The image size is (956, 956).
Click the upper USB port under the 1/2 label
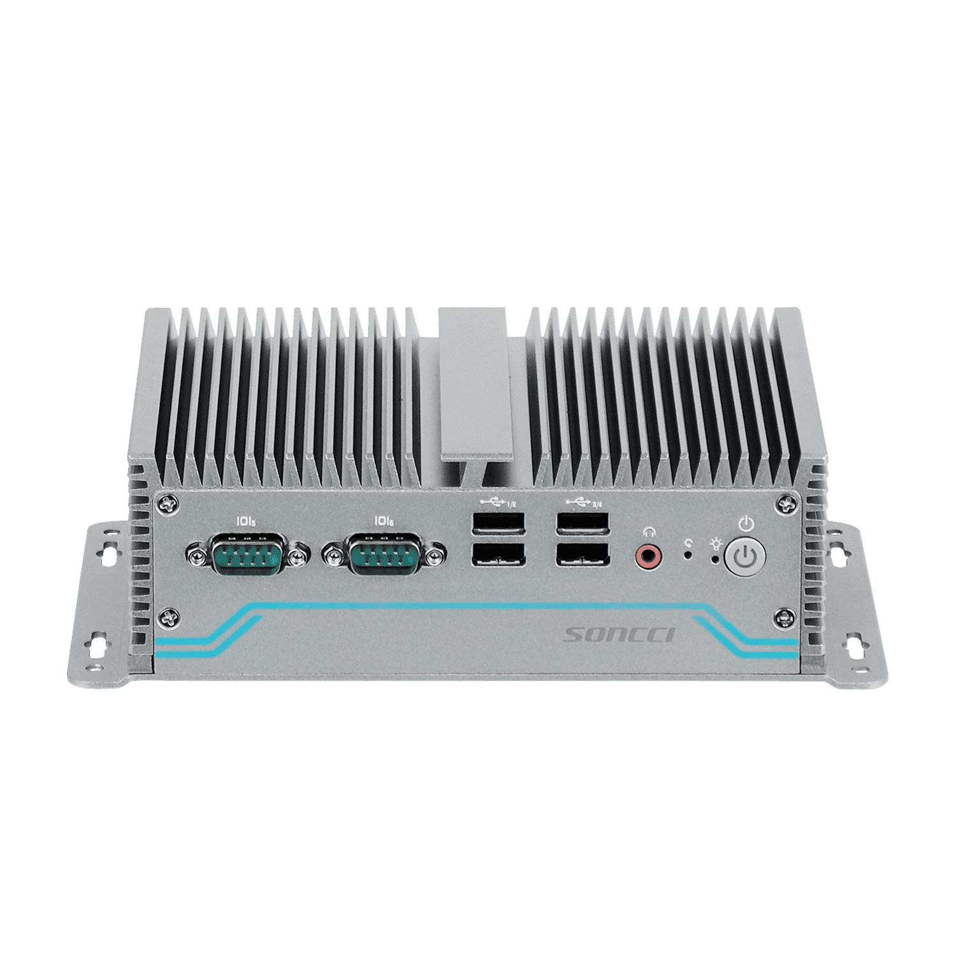point(498,525)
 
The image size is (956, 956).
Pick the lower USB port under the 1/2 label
point(498,554)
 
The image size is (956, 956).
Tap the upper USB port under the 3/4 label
point(582,525)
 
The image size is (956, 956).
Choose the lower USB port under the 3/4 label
point(582,554)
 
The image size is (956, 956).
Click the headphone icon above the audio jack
point(649,530)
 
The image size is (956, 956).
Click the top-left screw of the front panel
point(167,505)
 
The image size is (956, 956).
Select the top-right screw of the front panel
point(786,505)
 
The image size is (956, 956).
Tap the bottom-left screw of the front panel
point(168,617)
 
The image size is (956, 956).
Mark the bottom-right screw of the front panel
point(785,617)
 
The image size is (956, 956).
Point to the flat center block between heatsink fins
point(472,382)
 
